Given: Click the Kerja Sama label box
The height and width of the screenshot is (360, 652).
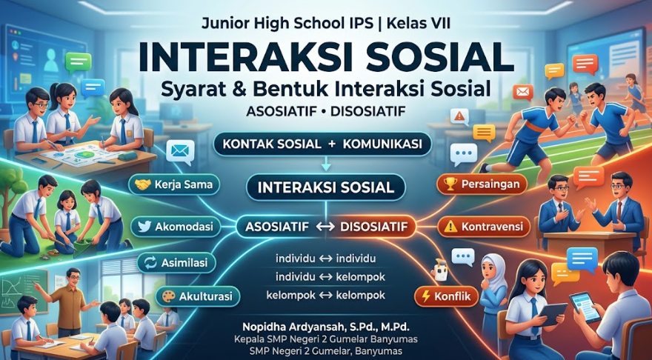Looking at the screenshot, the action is (174, 184).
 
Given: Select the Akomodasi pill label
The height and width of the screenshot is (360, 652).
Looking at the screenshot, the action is (175, 227).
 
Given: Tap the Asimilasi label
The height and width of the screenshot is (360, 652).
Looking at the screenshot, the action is (177, 262).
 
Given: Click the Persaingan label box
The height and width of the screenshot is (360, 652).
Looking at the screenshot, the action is (482, 184).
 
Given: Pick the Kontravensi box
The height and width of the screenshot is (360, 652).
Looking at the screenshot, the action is (484, 227).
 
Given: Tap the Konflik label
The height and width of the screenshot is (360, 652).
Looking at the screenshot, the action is (446, 296).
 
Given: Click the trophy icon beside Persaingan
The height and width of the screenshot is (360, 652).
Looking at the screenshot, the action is (450, 184).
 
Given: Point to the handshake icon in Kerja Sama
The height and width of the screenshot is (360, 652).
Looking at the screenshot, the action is (142, 184).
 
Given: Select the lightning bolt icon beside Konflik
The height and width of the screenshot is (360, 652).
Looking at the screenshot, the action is (425, 296).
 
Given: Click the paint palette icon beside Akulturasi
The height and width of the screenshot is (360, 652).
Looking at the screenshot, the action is (168, 297).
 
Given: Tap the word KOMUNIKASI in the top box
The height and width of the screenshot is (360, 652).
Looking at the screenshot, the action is (382, 144).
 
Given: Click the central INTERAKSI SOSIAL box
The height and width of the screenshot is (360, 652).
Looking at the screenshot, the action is (325, 187).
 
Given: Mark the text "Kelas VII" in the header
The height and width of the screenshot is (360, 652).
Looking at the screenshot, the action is (419, 23).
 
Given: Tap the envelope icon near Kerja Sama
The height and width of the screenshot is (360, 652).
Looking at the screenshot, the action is (180, 150).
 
